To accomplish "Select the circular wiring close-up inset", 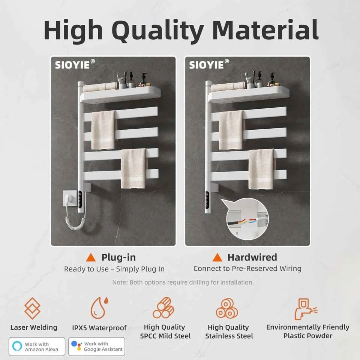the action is tap(247, 219).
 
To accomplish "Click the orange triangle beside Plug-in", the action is tap(91, 257).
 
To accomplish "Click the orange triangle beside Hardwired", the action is tap(217, 257).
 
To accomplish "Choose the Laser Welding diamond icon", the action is tap(32, 308).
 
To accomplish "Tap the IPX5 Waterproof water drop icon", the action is tap(99, 307).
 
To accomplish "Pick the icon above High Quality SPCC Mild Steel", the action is tap(163, 307).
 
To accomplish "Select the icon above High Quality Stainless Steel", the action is tap(227, 308).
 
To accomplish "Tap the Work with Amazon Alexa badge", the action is tap(37, 346).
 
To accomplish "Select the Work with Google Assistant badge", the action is tap(97, 346).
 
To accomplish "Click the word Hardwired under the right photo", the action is tap(252, 257).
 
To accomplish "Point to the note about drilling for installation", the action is tap(183, 282).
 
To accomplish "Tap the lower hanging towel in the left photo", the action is tap(133, 168).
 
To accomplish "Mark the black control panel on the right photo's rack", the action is tap(207, 200).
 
